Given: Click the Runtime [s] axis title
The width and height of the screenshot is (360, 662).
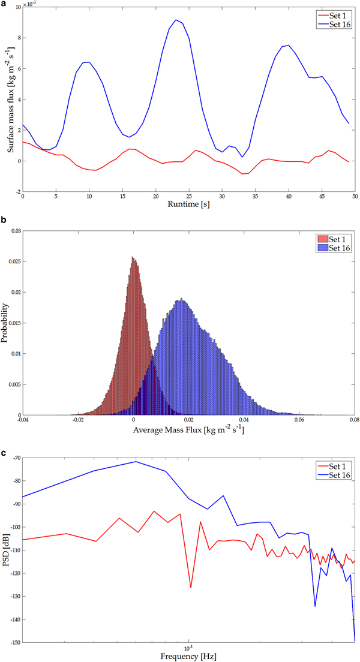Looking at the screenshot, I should [189, 205].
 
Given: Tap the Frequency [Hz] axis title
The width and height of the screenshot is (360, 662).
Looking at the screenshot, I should [189, 656].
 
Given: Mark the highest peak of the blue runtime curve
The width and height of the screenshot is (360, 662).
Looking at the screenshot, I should [176, 20].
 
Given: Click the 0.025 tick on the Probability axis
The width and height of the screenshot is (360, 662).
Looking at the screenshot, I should [13, 261].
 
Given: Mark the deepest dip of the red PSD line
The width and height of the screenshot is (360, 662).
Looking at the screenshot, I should [191, 587].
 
